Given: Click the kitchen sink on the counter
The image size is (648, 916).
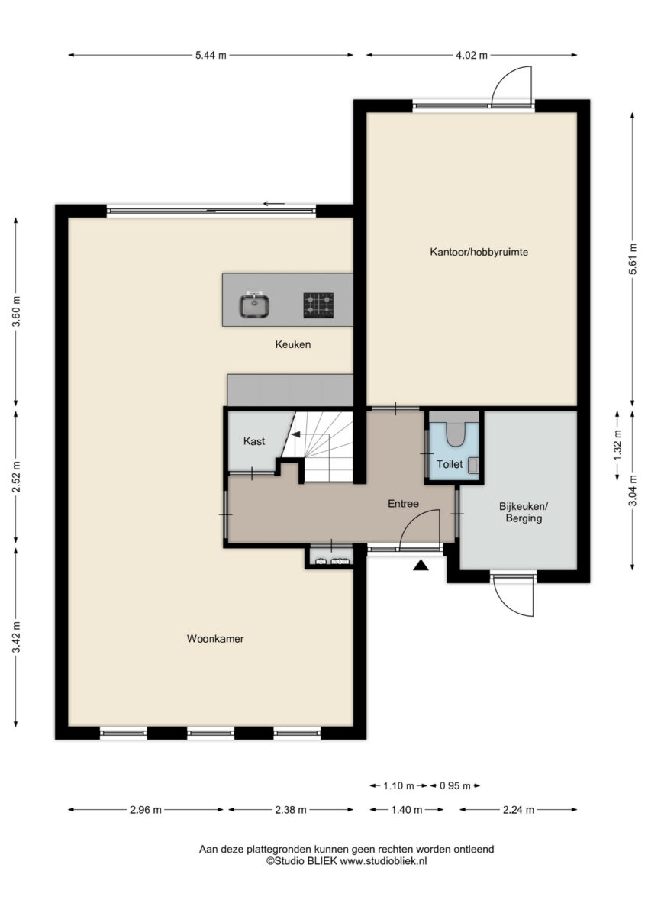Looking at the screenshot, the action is coord(254,305).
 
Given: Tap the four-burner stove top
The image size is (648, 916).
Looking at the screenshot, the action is coord(318,305).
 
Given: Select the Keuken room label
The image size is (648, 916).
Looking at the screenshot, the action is coord(293,344).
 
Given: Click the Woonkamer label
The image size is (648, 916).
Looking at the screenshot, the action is coord(215,639).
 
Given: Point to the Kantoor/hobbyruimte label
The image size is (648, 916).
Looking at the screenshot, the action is coord(479,252).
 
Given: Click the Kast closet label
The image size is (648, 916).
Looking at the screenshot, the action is coord(254,441).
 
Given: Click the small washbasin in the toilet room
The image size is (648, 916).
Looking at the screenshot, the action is coord(473,466).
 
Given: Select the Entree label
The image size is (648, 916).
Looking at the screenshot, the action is coord(403,503).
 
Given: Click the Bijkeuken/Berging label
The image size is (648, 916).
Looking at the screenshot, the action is coord(524,512).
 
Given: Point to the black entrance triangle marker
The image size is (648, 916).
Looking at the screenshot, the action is coord(421,566).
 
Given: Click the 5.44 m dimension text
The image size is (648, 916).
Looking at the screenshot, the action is coord(211,55).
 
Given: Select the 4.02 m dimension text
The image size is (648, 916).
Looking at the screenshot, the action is coord(472,55).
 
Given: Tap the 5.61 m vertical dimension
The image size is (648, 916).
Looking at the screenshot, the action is coord(633,260).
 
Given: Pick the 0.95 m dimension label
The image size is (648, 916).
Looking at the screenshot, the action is coord(455,785).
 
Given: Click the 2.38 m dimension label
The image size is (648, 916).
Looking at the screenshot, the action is coord(291,810).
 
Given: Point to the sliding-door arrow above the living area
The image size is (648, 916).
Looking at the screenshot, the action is coord(274,204).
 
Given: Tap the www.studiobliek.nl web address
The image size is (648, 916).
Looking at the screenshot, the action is coord(383,860).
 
